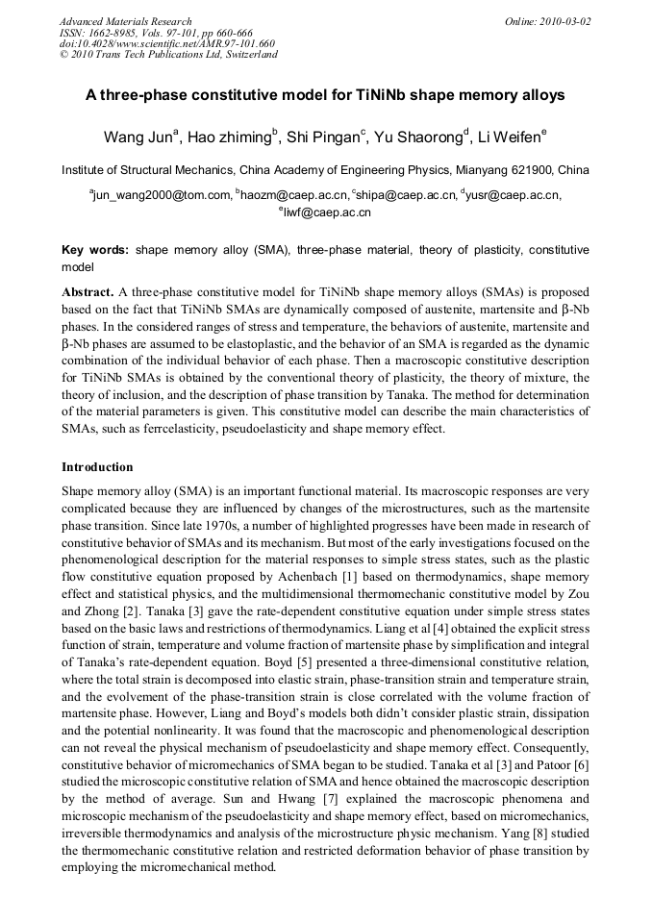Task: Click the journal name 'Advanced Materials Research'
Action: click(x=125, y=21)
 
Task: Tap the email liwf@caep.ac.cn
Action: click(x=327, y=212)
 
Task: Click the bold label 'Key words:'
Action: click(x=95, y=250)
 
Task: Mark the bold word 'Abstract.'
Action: click(x=88, y=290)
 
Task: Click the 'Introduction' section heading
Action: click(x=97, y=467)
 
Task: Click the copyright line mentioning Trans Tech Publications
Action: click(x=168, y=55)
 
